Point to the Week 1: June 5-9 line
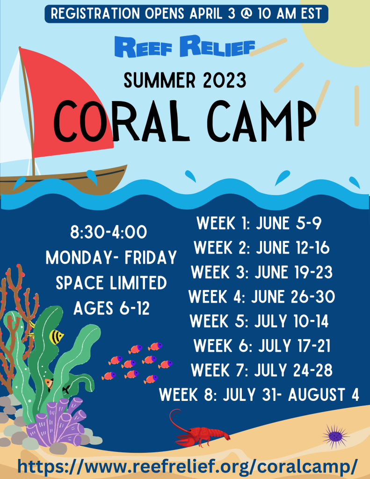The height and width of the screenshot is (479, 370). tap(259, 223)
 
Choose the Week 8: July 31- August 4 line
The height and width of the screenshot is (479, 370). tap(259, 394)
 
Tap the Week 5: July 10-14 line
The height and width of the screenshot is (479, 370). tap(259, 321)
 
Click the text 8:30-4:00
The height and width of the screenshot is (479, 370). tap(109, 232)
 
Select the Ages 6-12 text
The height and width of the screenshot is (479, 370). tap(111, 308)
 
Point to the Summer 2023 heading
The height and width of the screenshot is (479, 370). tap(185, 80)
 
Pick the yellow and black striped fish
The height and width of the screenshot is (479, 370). tap(57, 336)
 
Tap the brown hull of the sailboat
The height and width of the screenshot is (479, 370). tap(65, 178)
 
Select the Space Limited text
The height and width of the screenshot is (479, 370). tap(111, 283)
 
